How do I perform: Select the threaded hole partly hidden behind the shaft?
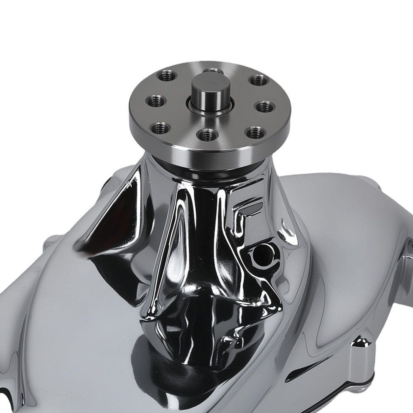213,71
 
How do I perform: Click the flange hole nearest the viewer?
207,134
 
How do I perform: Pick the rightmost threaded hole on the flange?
263,107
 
